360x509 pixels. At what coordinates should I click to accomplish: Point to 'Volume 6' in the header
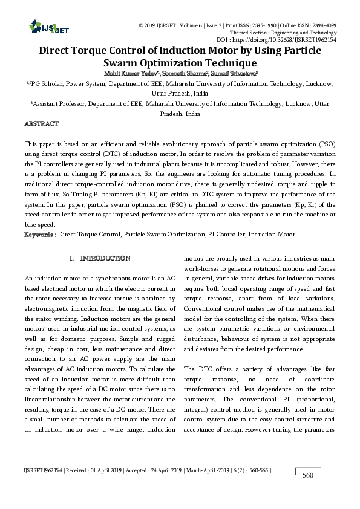[x=182, y=25]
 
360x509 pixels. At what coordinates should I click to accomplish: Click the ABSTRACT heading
[x=41, y=124]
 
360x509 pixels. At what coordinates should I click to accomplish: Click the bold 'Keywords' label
[x=38, y=234]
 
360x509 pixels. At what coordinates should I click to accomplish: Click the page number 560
[x=307, y=476]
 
